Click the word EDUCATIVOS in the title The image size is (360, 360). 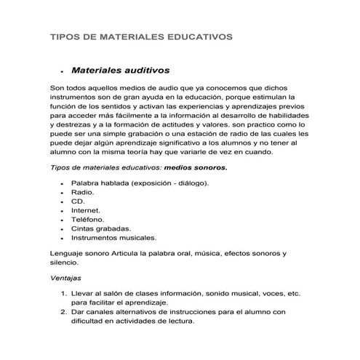point(196,35)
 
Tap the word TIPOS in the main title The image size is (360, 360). point(63,35)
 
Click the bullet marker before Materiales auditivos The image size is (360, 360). point(64,73)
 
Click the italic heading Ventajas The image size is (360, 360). point(65,278)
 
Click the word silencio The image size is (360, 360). point(64,262)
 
